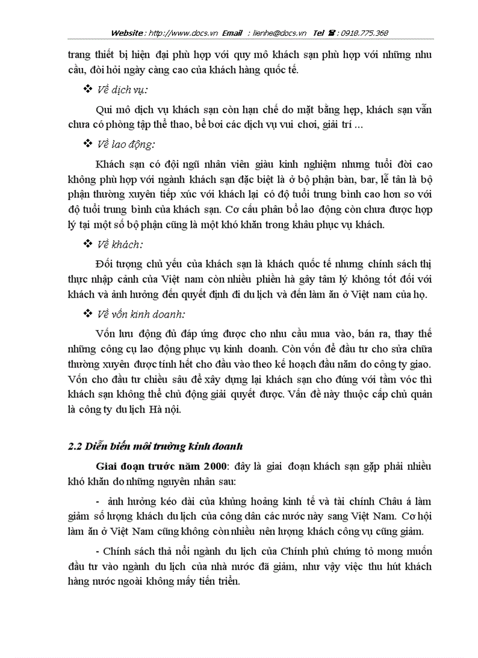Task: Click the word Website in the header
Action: [128, 33]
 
